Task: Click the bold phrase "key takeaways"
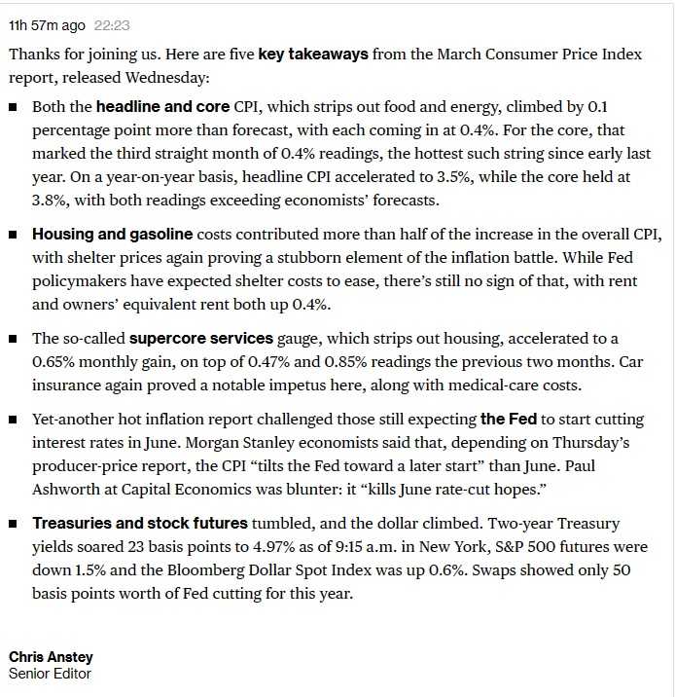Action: tap(313, 55)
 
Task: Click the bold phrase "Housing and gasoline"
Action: tap(112, 235)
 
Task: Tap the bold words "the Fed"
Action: tap(508, 420)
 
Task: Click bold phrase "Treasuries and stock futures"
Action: tap(138, 523)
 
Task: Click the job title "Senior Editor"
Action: tap(51, 673)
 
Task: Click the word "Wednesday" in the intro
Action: tap(174, 78)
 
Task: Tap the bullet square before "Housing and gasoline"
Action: tap(14, 236)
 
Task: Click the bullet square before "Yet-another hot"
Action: tap(14, 421)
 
